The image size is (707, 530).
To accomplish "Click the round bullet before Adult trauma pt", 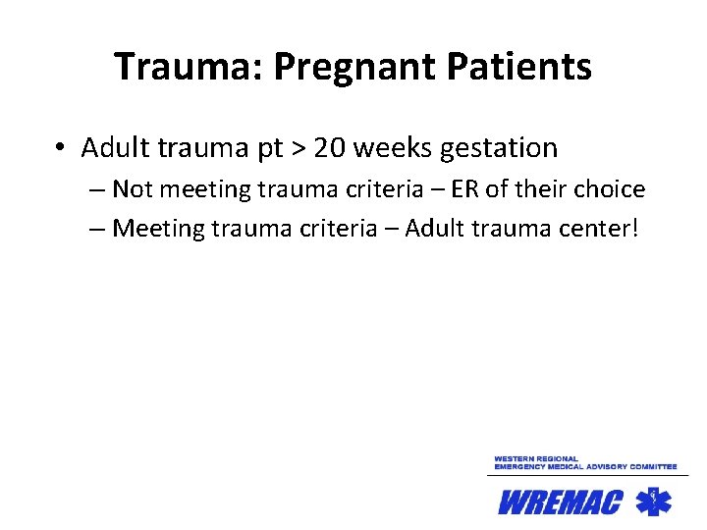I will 61,148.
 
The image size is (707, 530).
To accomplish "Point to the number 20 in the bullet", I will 330,148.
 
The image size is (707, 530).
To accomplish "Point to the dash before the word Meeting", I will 95,230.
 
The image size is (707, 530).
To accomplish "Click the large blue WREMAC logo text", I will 561,503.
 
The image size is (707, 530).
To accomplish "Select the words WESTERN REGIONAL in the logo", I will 536,459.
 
